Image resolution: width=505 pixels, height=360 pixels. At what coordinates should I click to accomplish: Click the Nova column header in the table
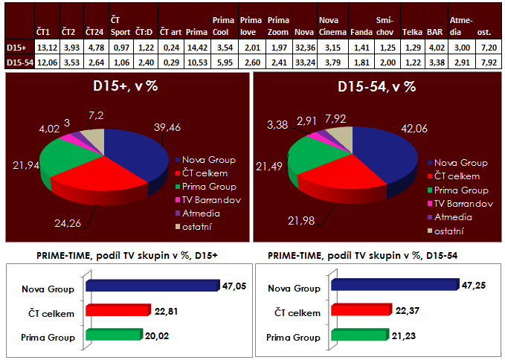coord(303,33)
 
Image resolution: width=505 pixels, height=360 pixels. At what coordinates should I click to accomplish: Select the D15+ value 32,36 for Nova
coord(304,48)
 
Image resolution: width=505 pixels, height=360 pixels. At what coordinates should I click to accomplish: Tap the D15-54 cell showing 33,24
coord(304,62)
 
